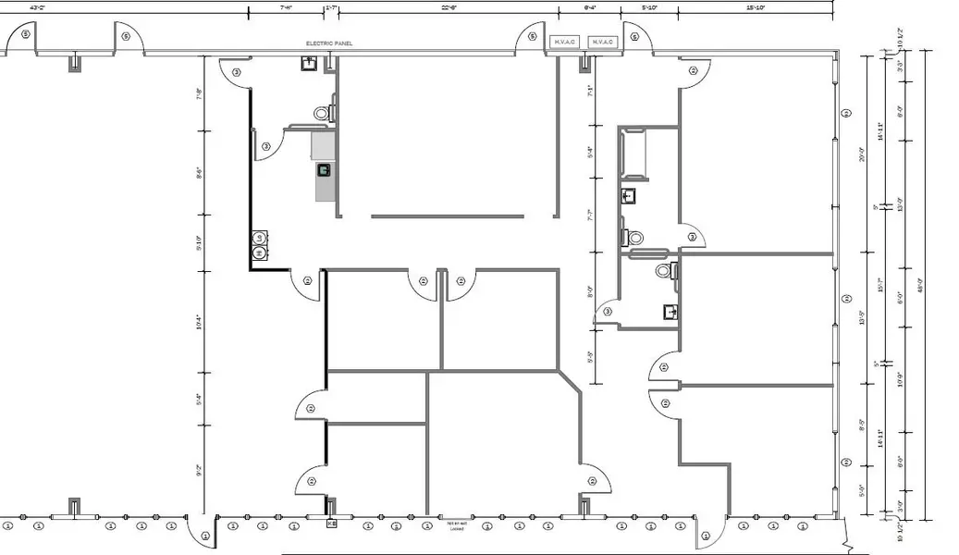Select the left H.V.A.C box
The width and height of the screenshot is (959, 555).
[564, 43]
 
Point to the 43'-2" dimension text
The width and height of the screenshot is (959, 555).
[38, 7]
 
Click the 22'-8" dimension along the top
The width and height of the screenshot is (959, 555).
[449, 7]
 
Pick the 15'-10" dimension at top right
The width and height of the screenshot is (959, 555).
[756, 7]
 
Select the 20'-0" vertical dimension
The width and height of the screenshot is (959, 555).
[862, 154]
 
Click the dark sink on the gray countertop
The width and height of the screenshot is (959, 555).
[324, 169]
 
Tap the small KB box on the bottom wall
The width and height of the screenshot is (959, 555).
[331, 524]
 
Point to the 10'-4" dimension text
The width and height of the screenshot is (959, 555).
[198, 324]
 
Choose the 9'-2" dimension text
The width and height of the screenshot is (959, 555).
[198, 470]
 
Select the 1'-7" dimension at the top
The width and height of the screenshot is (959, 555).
[331, 7]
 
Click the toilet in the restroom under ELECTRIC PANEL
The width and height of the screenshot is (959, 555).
[322, 113]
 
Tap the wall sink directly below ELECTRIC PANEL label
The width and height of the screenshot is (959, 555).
[308, 63]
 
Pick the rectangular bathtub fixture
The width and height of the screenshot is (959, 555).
[637, 153]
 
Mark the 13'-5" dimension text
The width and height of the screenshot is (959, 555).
[862, 317]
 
